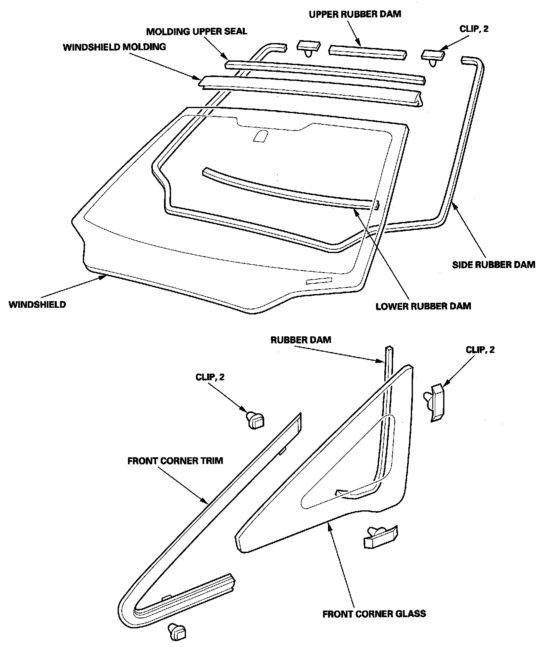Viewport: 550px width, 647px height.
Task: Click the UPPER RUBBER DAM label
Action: point(355,14)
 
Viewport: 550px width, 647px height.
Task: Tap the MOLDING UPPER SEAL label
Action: point(196,31)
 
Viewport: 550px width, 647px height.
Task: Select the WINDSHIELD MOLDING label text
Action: point(114,47)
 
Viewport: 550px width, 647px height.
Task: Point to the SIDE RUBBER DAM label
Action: point(494,264)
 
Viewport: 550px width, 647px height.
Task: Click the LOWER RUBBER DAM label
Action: point(423,307)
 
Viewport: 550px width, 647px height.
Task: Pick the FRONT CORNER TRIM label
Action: point(175,461)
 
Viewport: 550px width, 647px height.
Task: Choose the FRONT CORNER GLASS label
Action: point(374,613)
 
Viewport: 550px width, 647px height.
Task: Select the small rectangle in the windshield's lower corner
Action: point(319,281)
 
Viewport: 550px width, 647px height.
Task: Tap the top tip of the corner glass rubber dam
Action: point(389,347)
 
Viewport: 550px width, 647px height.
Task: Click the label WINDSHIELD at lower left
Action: point(37,304)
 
